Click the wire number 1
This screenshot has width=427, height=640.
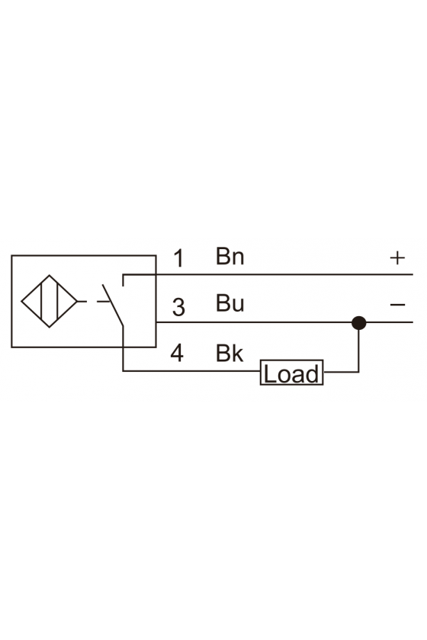coord(178,258)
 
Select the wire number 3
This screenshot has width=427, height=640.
coord(178,307)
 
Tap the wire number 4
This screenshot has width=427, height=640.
coord(177,353)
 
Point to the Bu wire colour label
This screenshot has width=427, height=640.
coord(230,303)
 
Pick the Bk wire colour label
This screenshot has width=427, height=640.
coord(230,353)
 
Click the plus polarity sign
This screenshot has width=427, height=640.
coord(397,258)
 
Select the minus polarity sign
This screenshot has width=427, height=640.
coord(397,305)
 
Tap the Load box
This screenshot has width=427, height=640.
coord(292,373)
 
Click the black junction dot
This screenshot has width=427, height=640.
coord(359,323)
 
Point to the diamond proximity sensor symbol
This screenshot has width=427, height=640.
coord(49,301)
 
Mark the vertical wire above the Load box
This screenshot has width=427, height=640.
coord(359,347)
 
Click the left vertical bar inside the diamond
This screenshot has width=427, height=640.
coord(41,301)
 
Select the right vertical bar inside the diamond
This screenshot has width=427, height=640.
coord(57,301)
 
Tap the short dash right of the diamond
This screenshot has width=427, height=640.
coord(82,302)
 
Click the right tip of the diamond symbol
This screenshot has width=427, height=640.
coord(77,302)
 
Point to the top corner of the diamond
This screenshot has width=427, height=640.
coord(50,275)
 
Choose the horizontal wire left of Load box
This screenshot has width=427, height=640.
coord(191,371)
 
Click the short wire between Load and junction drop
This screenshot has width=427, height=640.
coord(341,373)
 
